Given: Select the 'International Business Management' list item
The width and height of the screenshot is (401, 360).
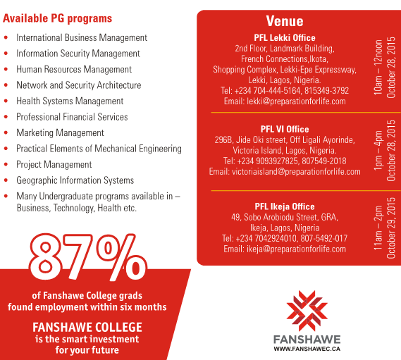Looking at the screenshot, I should tap(82, 37).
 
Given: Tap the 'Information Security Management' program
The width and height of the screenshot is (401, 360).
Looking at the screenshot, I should tap(78, 54).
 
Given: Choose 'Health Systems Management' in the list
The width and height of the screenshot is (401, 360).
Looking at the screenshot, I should tap(70, 101).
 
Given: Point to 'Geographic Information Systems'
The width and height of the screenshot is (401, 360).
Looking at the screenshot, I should tap(75, 180).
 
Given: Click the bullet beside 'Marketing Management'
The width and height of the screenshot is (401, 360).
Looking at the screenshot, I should tap(6, 133).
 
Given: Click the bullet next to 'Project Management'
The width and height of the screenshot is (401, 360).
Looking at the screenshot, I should tap(6, 165).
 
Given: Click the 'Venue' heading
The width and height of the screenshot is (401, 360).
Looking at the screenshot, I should tap(285, 21).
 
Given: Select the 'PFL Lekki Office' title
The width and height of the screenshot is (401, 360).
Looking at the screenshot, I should tap(285, 38).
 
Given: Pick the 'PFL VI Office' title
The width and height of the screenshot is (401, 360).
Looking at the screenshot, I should tap(285, 130).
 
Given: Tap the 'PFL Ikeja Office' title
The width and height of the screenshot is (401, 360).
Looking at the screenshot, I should tap(285, 207).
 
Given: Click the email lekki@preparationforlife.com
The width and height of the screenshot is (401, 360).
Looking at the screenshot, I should tap(285, 101).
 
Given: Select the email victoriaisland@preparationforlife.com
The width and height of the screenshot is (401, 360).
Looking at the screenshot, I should tap(285, 172).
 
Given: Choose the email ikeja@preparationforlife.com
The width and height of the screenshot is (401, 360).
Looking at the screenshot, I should tap(285, 249).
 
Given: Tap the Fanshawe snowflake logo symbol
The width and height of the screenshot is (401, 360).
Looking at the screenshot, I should tap(307, 309).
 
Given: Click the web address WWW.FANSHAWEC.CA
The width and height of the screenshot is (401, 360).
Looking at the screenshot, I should tap(307, 349).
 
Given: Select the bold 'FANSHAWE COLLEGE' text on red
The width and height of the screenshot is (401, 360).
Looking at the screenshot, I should tap(87, 328).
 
